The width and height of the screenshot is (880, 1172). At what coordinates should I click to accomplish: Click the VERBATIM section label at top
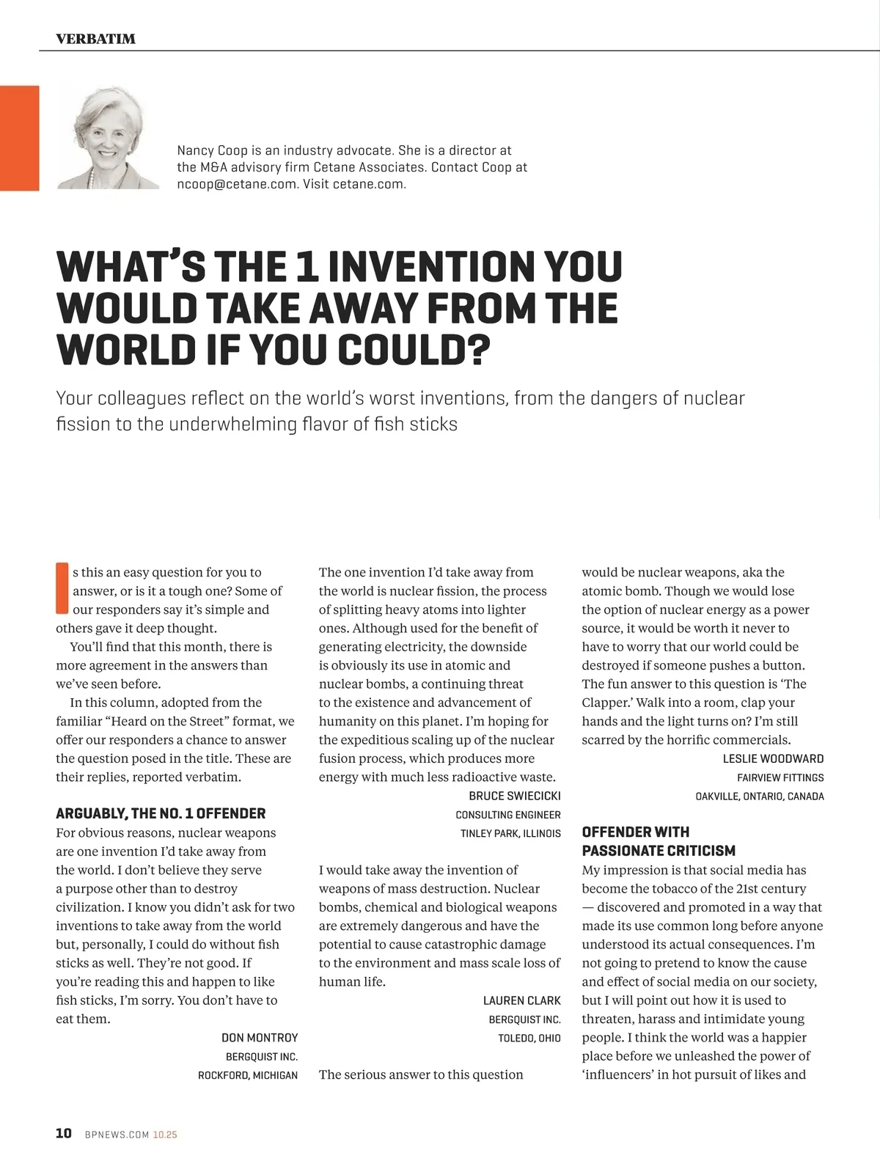coord(95,39)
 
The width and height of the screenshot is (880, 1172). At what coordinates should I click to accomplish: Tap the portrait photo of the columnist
coord(108,138)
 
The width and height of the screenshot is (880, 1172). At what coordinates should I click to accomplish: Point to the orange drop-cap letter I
coord(62,588)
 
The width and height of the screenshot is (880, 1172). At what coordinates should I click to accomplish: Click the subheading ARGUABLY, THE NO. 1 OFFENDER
coord(161,813)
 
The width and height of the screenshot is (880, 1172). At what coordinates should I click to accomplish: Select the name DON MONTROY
coord(260,1038)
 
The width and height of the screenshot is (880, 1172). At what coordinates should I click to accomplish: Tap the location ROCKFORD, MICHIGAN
coord(248,1075)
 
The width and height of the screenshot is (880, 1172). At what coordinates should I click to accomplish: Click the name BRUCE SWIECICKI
coord(515,796)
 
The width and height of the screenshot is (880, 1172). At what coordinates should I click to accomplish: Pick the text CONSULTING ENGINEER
coord(508,815)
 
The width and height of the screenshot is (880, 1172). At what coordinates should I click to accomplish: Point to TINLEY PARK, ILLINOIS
coord(510,833)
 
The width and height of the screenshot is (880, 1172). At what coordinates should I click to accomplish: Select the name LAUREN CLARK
coord(522,1000)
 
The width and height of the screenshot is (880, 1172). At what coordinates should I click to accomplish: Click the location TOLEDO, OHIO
coord(529,1038)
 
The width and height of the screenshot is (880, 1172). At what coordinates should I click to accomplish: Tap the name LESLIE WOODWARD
coord(773,758)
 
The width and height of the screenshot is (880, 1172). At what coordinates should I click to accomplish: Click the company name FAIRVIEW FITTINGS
coord(780,777)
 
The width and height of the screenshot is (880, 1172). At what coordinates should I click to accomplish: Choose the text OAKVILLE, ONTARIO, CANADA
coord(760,796)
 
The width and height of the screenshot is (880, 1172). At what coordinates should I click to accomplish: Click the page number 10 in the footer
coord(64,1133)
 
